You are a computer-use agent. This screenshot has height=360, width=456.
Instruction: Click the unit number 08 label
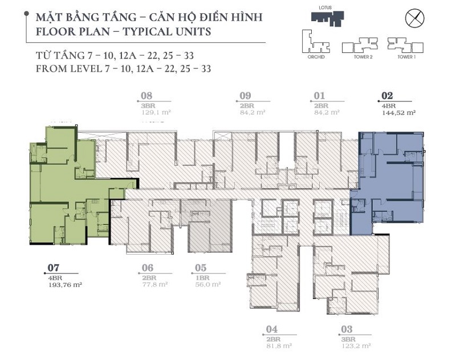coord(146,96)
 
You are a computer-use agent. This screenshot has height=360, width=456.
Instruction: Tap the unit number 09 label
coord(246,96)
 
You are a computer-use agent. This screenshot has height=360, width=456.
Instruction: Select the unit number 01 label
coord(319,96)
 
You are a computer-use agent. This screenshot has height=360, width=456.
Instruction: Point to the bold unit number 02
coord(388,96)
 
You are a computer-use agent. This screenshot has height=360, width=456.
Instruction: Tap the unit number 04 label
coord(271,329)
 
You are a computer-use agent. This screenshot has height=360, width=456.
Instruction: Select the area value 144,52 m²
coord(398,113)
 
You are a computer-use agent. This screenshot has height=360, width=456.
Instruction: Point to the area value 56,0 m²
coord(207,284)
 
